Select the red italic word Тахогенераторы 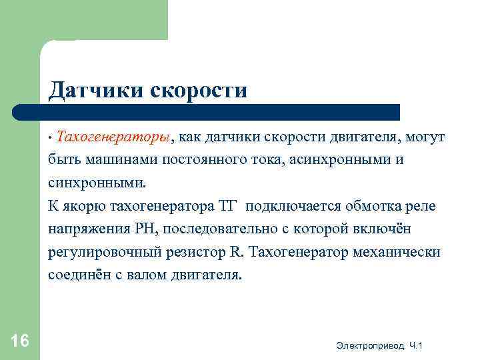click(x=114, y=137)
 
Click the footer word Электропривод click(x=371, y=345)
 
